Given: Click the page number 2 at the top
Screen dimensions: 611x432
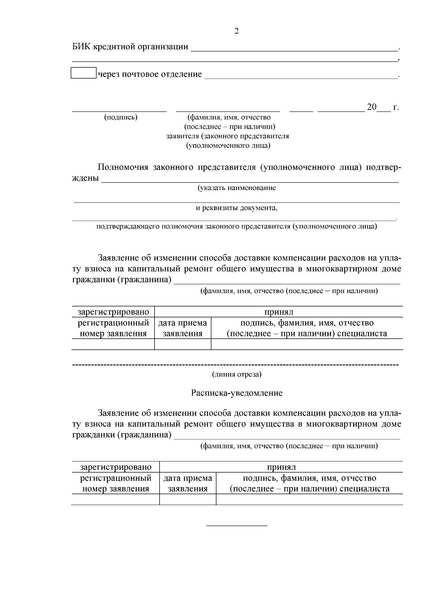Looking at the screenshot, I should click(x=236, y=31).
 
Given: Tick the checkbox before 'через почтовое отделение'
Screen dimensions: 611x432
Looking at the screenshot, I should click(x=84, y=73).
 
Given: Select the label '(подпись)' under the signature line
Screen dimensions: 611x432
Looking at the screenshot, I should click(x=121, y=117).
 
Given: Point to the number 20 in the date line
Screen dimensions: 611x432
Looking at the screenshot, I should click(x=372, y=107).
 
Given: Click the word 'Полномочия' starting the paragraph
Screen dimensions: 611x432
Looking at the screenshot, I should click(x=123, y=167).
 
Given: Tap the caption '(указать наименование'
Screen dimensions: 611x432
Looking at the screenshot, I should click(x=237, y=188).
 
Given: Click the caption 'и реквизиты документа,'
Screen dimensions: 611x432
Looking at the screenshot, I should click(x=237, y=208).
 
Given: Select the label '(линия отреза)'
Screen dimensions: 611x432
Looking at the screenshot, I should click(x=237, y=375).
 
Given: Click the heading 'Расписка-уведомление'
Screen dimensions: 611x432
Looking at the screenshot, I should click(x=237, y=393).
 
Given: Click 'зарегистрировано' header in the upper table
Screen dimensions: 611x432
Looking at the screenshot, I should click(x=113, y=312).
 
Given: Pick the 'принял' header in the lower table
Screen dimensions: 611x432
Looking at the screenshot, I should click(x=281, y=467).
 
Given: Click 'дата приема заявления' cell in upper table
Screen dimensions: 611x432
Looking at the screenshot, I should click(x=183, y=328).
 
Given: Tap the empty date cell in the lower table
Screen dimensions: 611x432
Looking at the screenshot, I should click(x=188, y=499).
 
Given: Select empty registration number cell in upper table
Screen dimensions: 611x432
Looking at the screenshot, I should click(x=113, y=344).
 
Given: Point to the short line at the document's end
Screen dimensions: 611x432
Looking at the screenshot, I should click(x=237, y=526).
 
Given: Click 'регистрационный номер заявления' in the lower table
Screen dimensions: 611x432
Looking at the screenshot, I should click(x=116, y=483).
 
